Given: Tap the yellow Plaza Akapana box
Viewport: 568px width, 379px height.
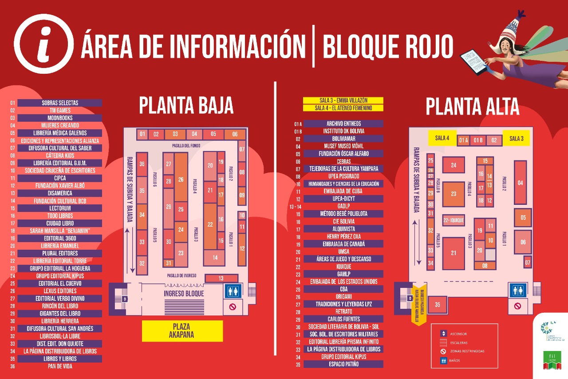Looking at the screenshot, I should click(x=182, y=331).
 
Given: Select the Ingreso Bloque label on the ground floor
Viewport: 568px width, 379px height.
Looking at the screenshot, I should click(x=184, y=294).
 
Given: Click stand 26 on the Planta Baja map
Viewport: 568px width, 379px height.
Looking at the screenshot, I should click(x=181, y=180).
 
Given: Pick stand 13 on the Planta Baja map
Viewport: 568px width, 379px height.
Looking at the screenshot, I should click(x=221, y=278).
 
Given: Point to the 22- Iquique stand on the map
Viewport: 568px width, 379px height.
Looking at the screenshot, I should click(x=453, y=219).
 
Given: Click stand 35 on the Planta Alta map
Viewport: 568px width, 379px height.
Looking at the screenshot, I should click(x=438, y=305).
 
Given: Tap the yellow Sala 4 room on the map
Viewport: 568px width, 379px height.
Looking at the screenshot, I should click(x=442, y=138).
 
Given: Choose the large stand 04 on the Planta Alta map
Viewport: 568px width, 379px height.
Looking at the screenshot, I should click(x=520, y=183).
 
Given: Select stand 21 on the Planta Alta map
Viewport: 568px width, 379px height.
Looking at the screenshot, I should click(x=453, y=253).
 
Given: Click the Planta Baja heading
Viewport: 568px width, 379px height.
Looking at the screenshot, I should click(x=186, y=106).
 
